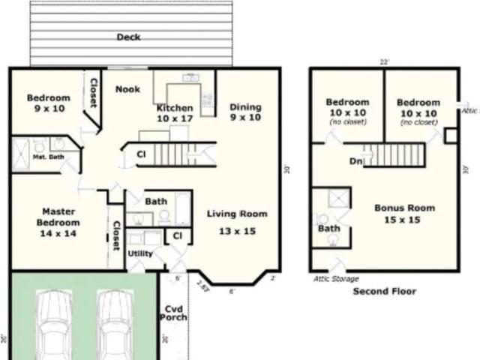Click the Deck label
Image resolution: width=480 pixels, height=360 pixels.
coord(128,37)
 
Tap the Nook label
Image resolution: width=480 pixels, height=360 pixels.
coord(127,89)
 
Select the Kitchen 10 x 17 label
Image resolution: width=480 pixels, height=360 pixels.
coord(175,113)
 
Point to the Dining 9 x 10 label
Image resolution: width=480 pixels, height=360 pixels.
coord(245,112)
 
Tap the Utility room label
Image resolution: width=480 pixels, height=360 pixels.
coord(140,253)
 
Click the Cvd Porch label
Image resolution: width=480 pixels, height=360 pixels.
coord(173,313)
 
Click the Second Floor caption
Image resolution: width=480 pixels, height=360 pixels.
coord(384,291)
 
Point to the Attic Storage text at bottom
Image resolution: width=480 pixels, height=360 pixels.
coord(335,279)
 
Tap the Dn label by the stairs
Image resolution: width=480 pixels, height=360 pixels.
coord(355,160)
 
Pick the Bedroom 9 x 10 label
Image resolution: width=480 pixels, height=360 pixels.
coord(48,103)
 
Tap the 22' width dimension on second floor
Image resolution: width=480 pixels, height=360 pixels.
coord(385,62)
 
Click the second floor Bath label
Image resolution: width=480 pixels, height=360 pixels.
coord(328,228)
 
